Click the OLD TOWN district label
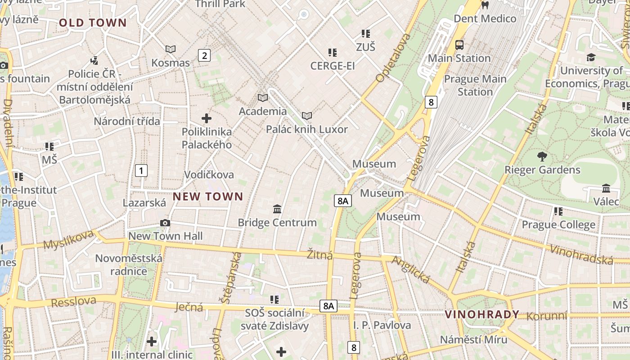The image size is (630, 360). (93, 23)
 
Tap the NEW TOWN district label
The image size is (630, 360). (208, 197)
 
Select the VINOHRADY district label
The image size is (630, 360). (482, 315)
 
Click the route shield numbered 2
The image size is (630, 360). (204, 56)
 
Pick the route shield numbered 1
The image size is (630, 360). (141, 171)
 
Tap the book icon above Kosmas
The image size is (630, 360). (171, 49)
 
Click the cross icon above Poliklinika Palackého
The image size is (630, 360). (207, 118)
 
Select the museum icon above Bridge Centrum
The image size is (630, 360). (277, 209)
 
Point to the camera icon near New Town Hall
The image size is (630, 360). (165, 223)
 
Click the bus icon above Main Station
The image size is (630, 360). (459, 45)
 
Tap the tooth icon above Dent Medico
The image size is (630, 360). (485, 5)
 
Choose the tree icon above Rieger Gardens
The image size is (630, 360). (542, 157)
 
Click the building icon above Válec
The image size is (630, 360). (606, 188)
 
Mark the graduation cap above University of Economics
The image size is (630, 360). (591, 57)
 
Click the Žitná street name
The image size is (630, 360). (320, 255)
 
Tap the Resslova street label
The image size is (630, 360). (73, 302)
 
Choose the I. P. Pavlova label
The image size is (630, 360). (382, 325)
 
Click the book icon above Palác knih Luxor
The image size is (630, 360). (307, 116)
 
